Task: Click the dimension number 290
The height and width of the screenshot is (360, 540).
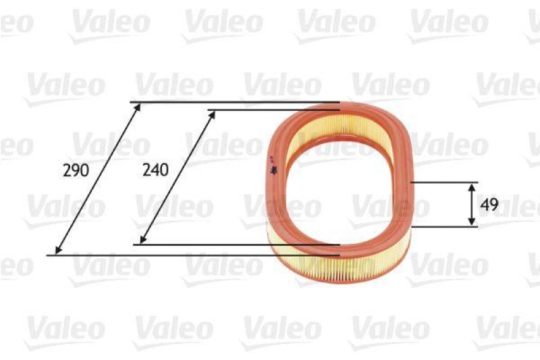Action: coord(76,170)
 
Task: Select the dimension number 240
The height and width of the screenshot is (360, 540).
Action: coord(155,170)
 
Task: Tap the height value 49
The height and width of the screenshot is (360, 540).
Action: coord(491,205)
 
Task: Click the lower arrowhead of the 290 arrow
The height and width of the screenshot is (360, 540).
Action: coord(58,251)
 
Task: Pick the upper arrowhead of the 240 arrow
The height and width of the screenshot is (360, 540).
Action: coord(213,114)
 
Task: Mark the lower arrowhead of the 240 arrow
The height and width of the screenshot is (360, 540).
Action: coord(143,240)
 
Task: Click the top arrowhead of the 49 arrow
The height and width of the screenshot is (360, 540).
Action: coord(472,186)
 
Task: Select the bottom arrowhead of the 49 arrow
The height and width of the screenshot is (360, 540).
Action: coord(472,223)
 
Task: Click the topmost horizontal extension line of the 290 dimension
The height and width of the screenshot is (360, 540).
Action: coord(236,103)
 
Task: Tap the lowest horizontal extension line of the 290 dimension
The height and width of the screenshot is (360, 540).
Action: coord(196,255)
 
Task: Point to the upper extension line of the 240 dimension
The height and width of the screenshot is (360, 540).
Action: coord(270,110)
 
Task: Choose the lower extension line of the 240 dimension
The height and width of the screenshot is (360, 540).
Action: coord(236,245)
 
